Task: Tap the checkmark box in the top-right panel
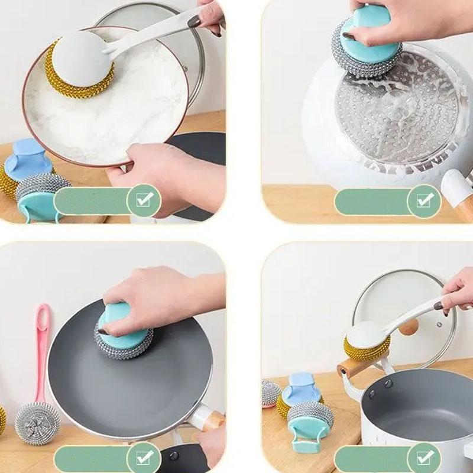(425, 201)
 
